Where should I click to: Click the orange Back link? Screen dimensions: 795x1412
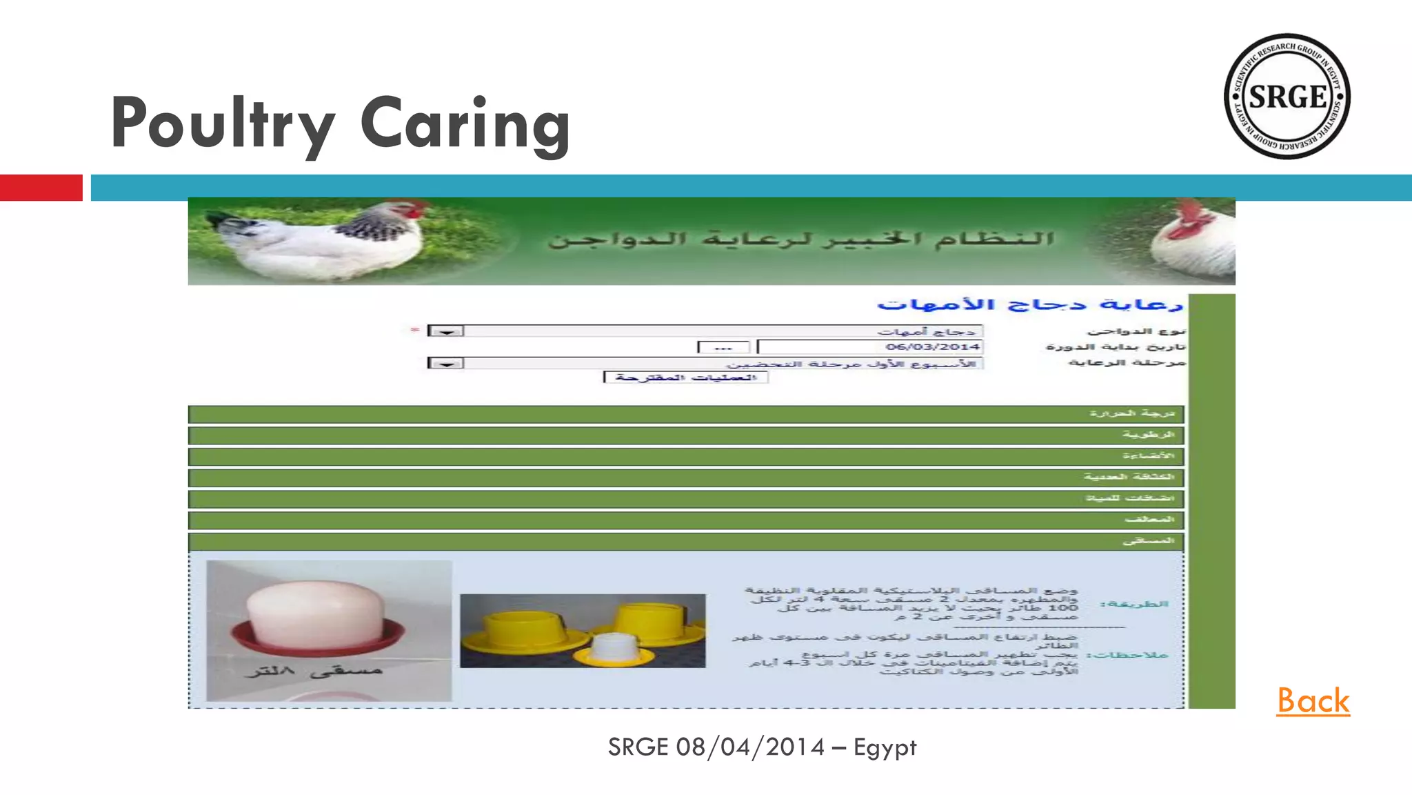1313,700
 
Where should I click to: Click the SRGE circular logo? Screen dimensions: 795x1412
1287,96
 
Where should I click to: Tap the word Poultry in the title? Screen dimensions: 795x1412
222,125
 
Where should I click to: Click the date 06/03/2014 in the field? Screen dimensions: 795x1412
932,346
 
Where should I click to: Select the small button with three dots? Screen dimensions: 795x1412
723,347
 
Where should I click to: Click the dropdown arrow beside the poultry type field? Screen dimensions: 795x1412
445,331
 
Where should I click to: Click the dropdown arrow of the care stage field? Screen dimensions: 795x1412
445,363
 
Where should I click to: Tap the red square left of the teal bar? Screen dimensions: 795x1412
41,188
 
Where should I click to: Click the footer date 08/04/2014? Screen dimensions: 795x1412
750,747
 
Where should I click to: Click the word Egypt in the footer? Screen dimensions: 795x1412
885,747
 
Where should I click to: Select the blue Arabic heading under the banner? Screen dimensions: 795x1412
1029,304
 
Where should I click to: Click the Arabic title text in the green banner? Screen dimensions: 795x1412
801,239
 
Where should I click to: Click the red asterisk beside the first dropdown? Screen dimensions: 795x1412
414,330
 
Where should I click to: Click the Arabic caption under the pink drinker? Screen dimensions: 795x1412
314,670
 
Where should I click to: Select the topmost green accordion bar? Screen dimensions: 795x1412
685,414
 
